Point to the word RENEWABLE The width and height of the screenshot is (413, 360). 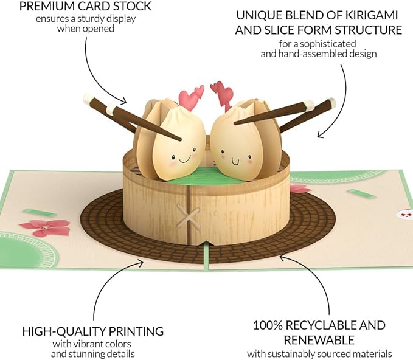point(319,340)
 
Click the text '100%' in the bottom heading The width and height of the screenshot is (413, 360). point(268,325)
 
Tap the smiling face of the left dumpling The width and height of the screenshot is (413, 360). point(179,159)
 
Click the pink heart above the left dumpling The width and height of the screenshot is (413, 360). point(190,97)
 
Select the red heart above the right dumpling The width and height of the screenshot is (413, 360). point(222,91)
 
